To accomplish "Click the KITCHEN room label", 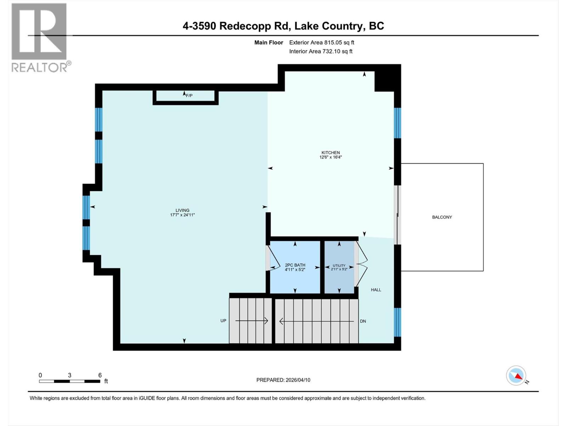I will pos(330,153).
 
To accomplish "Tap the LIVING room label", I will pos(182,210).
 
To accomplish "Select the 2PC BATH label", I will pos(295,265).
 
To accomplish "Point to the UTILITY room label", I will pos(339,266).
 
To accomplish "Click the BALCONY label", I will pos(442,217).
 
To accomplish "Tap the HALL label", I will pos(376,290).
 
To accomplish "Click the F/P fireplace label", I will pos(189,95).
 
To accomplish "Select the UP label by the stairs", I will pos(223,321).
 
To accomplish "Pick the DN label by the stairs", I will pos(363,321).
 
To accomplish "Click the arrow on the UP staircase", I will pos(252,321).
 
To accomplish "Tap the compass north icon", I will pos(516,376).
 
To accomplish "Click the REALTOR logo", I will pos(39,37).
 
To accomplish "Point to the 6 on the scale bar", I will pos(100,375).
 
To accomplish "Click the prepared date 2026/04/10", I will pos(297,380).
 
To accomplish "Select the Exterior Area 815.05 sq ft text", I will pos(321,42).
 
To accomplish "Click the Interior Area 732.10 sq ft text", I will pos(321,51).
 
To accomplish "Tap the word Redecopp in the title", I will pos(256,26).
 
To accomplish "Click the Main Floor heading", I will pos(269,42).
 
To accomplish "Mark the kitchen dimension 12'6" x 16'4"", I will pos(330,157).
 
